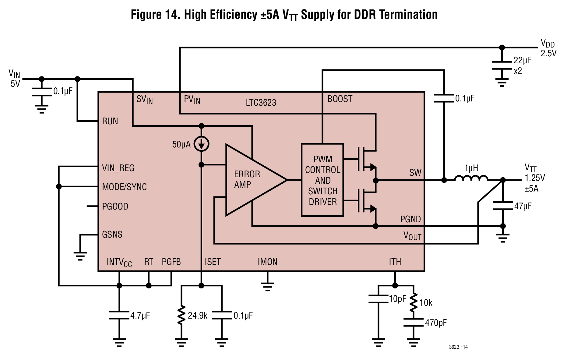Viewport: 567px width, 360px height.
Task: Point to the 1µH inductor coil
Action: click(x=471, y=178)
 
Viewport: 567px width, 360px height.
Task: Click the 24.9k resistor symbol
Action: click(x=181, y=315)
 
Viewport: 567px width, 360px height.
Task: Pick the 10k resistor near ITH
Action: click(x=413, y=302)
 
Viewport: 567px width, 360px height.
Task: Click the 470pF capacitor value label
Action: click(x=436, y=323)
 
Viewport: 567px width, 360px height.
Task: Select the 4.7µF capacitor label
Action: click(x=140, y=316)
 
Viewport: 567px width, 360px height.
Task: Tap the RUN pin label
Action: click(x=110, y=121)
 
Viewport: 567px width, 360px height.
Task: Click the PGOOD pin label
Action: click(x=115, y=206)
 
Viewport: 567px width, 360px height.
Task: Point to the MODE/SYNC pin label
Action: click(x=124, y=187)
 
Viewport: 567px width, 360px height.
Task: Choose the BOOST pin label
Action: click(x=340, y=99)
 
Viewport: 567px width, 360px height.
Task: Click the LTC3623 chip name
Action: click(x=261, y=103)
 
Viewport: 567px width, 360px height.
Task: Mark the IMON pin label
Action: click(x=268, y=262)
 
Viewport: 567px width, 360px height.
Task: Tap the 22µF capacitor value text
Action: click(x=522, y=61)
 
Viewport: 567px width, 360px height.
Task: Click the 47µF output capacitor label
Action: click(x=523, y=206)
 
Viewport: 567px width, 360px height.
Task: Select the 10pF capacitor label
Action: click(x=397, y=299)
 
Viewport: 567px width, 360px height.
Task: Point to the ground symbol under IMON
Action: click(x=267, y=287)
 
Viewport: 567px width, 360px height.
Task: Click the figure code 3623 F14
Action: click(x=458, y=347)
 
